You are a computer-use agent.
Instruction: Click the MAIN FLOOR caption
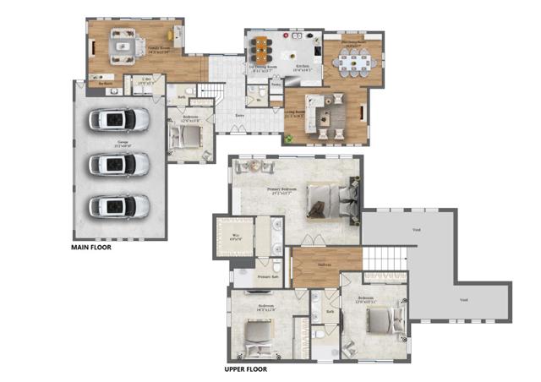[x=90, y=248]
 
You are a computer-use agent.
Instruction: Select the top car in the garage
[x=118, y=120]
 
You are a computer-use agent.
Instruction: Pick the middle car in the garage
[x=118, y=162]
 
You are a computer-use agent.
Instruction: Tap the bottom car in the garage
[x=118, y=205]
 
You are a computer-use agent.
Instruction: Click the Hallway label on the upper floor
[x=324, y=264]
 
